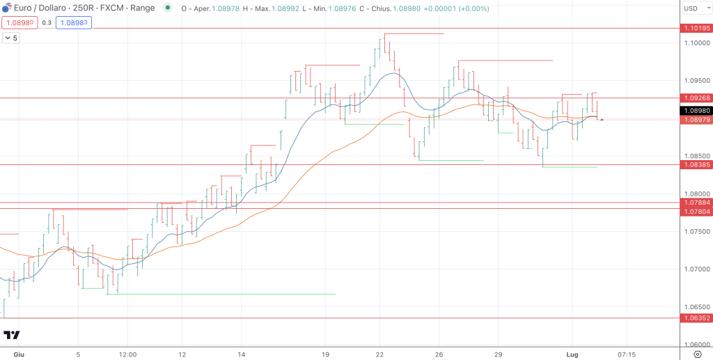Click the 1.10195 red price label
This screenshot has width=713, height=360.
pyautogui.click(x=696, y=29)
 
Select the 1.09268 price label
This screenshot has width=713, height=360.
pyautogui.click(x=696, y=98)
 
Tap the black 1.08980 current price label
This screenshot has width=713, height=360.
pyautogui.click(x=696, y=110)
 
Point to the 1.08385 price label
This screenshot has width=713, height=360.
pyautogui.click(x=696, y=165)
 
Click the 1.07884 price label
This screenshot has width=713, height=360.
pyautogui.click(x=696, y=203)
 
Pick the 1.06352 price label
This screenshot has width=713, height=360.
pyautogui.click(x=696, y=318)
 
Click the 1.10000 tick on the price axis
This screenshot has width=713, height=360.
pyautogui.click(x=696, y=43)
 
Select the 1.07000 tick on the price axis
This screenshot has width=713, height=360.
pyautogui.click(x=696, y=269)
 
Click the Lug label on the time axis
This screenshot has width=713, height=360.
pyautogui.click(x=572, y=354)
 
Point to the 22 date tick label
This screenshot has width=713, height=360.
pyautogui.click(x=380, y=354)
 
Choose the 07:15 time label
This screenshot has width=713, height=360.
pyautogui.click(x=627, y=354)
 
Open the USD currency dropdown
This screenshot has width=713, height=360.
pyautogui.click(x=695, y=8)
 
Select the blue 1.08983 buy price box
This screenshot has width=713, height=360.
pyautogui.click(x=75, y=22)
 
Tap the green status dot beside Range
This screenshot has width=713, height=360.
pyautogui.click(x=167, y=9)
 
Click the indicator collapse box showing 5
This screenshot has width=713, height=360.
pyautogui.click(x=12, y=38)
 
